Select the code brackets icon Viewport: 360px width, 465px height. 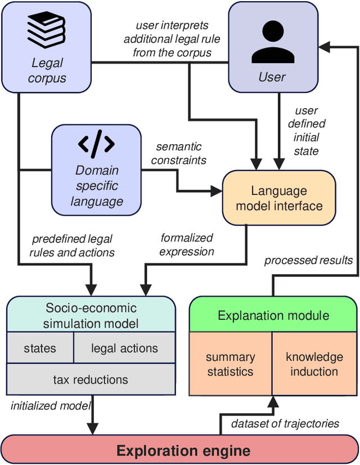point(96,145)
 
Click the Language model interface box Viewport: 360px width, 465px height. point(279,198)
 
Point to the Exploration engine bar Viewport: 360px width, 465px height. point(183,450)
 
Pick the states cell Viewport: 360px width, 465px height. point(40,348)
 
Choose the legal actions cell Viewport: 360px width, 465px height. point(124,348)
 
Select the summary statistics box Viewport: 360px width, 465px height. point(230,364)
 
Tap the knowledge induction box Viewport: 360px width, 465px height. point(314,364)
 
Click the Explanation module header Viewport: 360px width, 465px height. point(273,315)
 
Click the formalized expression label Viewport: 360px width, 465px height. point(187,244)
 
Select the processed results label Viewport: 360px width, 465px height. point(308,260)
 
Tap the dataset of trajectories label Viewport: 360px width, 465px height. point(285,423)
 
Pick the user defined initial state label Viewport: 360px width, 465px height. point(307,131)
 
